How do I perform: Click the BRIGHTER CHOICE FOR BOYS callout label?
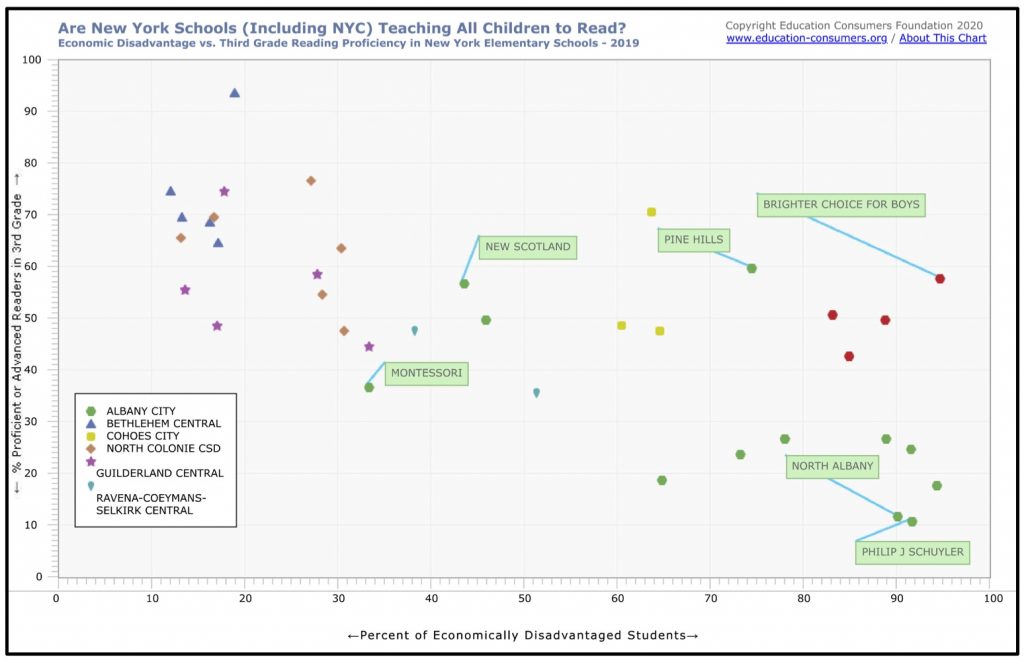841,205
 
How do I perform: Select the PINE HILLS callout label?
693,240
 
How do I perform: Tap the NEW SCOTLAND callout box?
528,247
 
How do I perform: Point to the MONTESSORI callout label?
426,374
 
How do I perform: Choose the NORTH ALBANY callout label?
832,466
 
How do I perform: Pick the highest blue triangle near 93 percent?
234,93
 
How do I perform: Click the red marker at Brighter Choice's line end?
940,279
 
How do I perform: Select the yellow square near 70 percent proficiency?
651,212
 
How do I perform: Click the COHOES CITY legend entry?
143,436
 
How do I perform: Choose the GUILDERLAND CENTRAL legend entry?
159,473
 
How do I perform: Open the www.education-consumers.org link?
807,39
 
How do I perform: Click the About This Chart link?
942,39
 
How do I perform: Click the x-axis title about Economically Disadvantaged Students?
523,635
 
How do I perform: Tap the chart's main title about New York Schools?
341,27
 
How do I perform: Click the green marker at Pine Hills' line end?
751,268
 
